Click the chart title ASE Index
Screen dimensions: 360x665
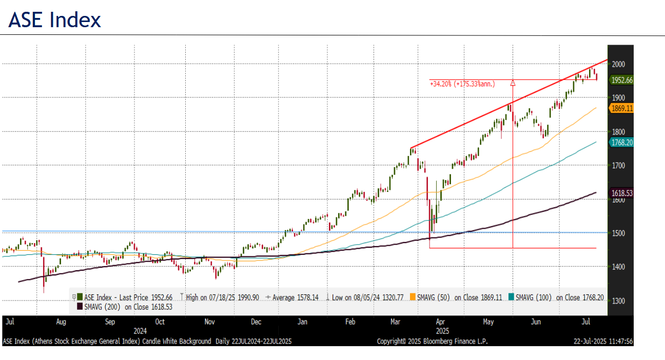[55, 20]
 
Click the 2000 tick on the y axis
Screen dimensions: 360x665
[618, 64]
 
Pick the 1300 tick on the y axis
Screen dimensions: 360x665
[618, 301]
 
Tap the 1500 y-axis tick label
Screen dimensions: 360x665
[618, 233]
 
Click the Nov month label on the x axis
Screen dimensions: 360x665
[209, 322]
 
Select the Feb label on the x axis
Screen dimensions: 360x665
[350, 322]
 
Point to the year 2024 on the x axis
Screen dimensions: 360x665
[140, 331]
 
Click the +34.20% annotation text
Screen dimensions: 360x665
[462, 83]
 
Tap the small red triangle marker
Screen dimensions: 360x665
[512, 82]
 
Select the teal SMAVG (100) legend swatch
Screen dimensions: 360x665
[511, 297]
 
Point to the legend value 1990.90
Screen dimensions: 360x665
[247, 297]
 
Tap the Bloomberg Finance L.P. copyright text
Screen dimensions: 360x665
[432, 341]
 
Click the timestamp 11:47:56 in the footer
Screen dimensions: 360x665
[619, 341]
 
